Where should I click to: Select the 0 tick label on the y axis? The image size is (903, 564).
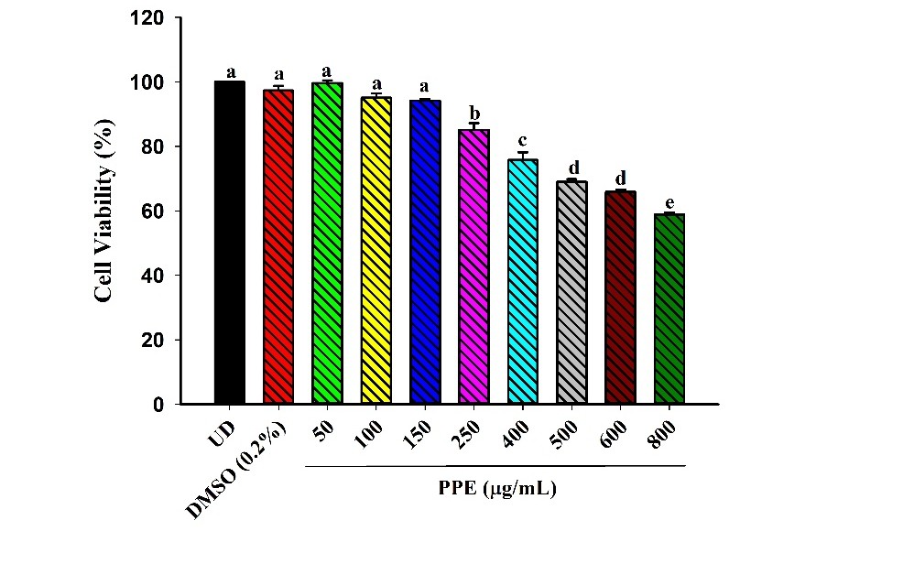tap(161, 405)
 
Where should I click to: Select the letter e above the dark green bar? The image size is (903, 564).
tap(669, 201)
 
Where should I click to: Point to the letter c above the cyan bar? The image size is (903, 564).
tap(522, 140)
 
